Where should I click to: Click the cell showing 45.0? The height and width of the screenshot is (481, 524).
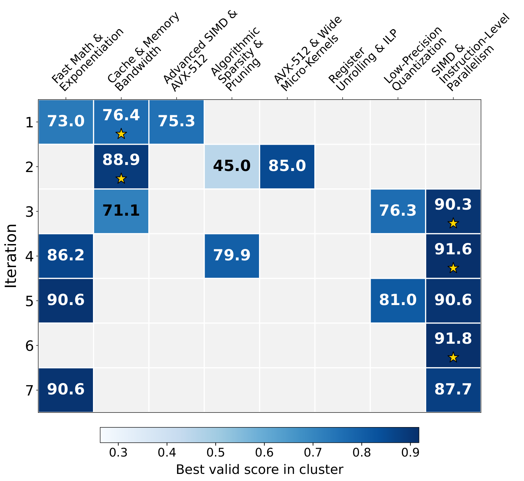[x=232, y=166]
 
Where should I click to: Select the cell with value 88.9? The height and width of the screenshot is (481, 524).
[x=121, y=166]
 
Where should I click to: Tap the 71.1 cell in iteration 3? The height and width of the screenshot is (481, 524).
[x=121, y=211]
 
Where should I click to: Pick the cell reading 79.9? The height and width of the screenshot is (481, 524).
[x=232, y=256]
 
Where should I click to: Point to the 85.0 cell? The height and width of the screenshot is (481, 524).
[x=287, y=166]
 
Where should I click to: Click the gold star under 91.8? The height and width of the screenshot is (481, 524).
[x=453, y=358]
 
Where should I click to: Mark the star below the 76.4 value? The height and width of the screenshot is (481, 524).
[x=121, y=134]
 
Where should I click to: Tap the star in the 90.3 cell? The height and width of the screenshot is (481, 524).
[x=453, y=223]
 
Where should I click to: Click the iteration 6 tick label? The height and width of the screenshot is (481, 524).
[x=29, y=346]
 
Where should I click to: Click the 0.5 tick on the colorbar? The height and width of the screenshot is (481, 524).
[x=215, y=453]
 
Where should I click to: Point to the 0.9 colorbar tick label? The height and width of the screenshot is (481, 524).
[x=410, y=453]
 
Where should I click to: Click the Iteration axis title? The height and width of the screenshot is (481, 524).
[x=11, y=256]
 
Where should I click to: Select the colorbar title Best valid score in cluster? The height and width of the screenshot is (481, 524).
[x=260, y=470]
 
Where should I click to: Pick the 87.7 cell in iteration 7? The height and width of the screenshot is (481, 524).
[x=453, y=390]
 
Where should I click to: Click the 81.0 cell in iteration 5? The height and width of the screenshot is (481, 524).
[x=398, y=300]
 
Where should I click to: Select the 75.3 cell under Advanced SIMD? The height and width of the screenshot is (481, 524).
[x=176, y=122]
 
